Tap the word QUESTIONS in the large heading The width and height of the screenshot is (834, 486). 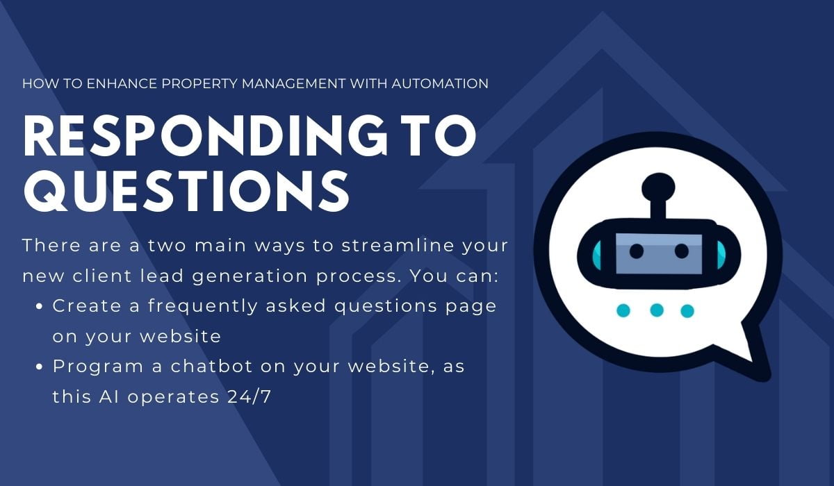(186, 190)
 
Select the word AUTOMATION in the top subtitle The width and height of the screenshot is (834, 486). (440, 84)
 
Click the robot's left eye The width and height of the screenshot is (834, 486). (637, 251)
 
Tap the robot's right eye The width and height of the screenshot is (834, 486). (681, 251)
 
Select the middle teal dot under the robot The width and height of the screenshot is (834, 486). (656, 310)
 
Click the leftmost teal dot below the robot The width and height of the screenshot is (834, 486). (623, 310)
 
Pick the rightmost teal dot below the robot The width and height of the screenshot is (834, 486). (687, 311)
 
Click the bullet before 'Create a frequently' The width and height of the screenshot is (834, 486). (40, 306)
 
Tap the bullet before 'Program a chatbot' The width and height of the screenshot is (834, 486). (40, 367)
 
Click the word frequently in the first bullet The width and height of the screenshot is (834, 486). (203, 306)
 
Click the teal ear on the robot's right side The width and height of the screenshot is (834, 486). (721, 255)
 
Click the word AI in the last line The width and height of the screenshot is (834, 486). (109, 396)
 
